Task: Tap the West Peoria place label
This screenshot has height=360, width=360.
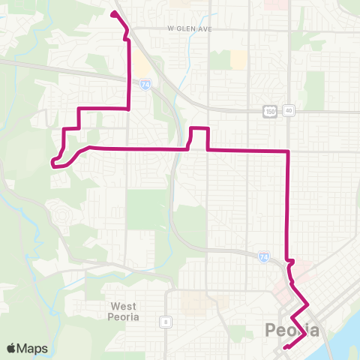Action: tap(127, 310)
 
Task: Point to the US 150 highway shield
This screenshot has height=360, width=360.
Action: tap(270, 111)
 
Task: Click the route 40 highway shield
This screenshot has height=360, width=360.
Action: tap(289, 111)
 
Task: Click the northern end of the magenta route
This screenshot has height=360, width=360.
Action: tap(113, 13)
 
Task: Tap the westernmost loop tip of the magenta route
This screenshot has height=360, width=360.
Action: tap(52, 160)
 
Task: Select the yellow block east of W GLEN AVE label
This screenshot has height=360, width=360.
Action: tap(238, 59)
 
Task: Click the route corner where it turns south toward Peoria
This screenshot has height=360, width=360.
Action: tap(287, 152)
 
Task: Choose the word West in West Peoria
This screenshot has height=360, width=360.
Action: tap(126, 305)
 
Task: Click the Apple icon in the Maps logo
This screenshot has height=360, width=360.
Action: tap(11, 348)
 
